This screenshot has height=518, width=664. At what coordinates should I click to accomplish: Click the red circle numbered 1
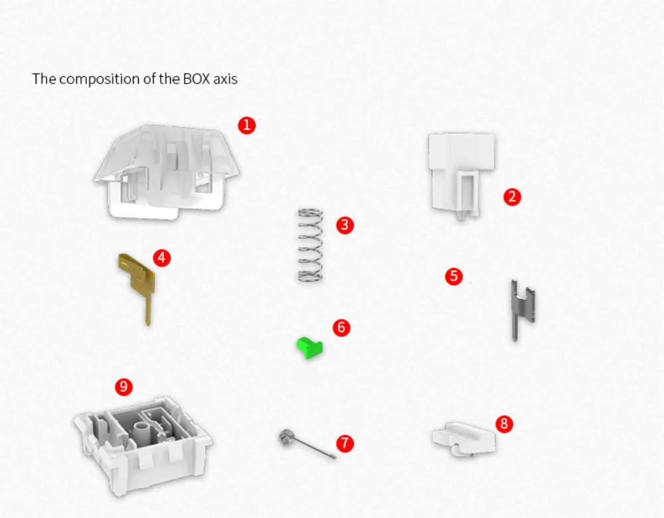tap(247, 125)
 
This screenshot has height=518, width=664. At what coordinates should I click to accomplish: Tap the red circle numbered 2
tap(511, 196)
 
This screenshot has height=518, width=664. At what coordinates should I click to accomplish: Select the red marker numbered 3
tap(344, 225)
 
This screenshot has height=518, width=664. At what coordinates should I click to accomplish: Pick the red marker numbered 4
tap(161, 258)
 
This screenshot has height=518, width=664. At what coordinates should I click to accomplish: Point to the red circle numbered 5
tap(454, 276)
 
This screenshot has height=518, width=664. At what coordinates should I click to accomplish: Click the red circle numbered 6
tap(341, 327)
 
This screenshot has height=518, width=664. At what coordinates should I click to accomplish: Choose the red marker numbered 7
tap(345, 443)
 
